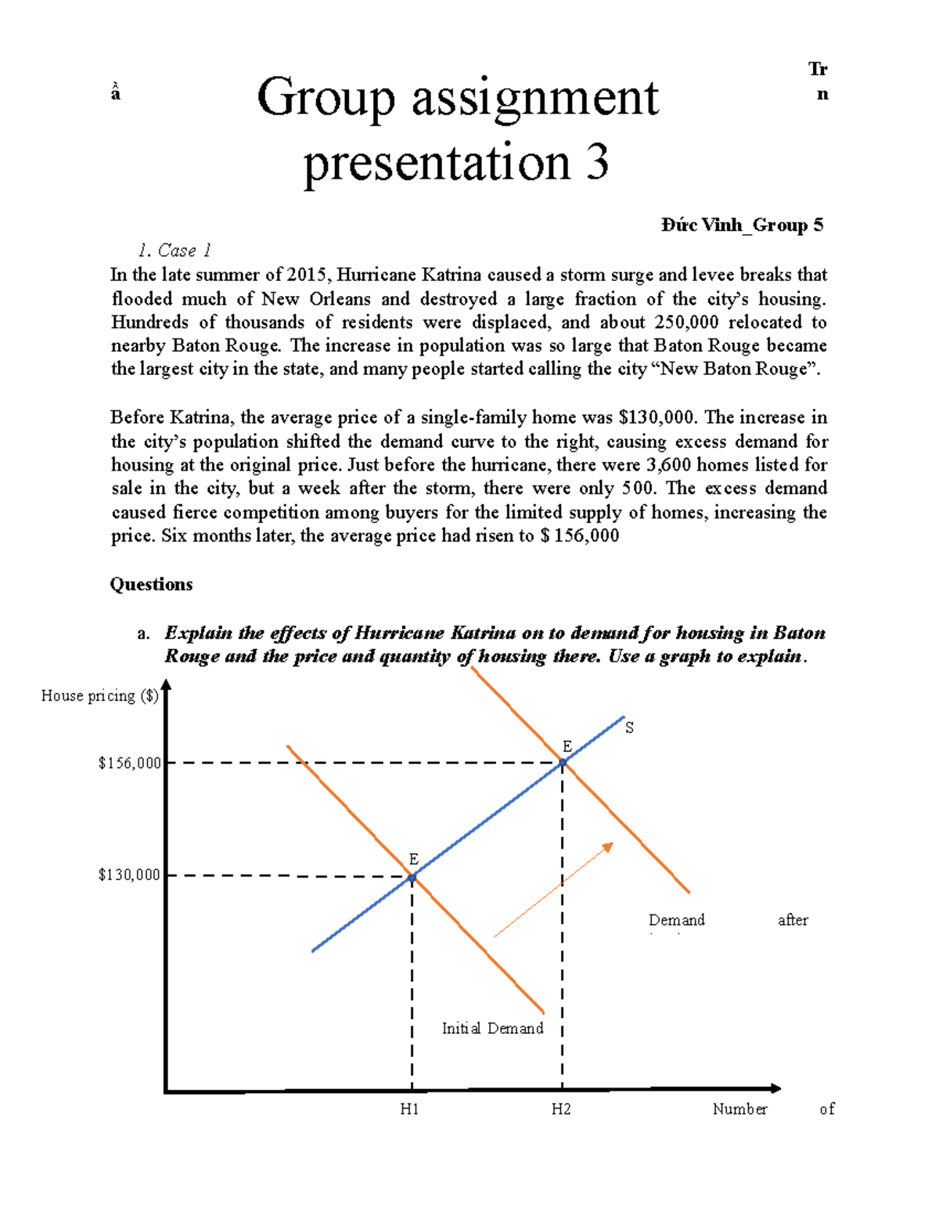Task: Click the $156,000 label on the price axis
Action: click(x=129, y=763)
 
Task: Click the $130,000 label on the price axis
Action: click(x=129, y=875)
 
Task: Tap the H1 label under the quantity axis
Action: click(x=410, y=1109)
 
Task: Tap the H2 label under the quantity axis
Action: click(x=561, y=1109)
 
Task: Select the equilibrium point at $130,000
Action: click(x=412, y=879)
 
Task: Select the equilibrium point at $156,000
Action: click(x=562, y=763)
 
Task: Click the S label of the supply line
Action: click(x=629, y=728)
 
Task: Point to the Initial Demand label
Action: click(x=492, y=1028)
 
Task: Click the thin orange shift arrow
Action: click(x=553, y=889)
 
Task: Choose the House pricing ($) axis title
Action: click(x=99, y=695)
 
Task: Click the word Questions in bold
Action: click(x=151, y=584)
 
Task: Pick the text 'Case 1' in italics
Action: click(x=184, y=251)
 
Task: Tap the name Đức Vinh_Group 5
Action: click(x=742, y=226)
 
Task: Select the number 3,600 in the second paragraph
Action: click(x=668, y=464)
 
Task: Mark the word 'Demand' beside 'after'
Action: click(x=677, y=920)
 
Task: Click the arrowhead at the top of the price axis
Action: click(x=166, y=687)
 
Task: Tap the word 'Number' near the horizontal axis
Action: click(x=739, y=1109)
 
